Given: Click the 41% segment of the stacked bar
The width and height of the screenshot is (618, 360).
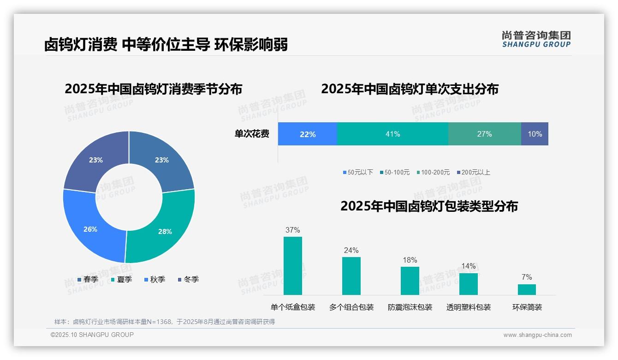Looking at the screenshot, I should [x=392, y=134].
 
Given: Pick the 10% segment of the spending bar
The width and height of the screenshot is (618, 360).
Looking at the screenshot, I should [x=535, y=134].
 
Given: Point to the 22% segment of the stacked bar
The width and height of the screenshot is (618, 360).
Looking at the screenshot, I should [x=308, y=134].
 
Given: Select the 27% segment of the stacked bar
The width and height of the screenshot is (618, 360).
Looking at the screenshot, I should [x=484, y=134].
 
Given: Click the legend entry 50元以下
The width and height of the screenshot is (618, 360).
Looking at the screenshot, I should [x=358, y=172].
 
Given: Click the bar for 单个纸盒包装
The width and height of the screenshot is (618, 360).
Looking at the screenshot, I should [x=293, y=266].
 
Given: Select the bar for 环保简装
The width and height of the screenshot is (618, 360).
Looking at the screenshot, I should [x=527, y=289].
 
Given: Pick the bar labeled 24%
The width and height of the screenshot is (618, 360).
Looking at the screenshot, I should [x=351, y=276].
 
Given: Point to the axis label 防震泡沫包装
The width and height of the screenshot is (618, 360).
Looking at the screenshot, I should [x=410, y=307].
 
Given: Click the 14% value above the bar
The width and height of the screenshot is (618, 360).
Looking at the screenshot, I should [x=468, y=266].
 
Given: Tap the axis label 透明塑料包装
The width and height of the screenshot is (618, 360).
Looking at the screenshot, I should [x=469, y=307].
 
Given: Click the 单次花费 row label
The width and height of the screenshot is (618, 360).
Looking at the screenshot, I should [x=252, y=134].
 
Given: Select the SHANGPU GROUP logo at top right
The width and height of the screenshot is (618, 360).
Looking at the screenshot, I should [x=536, y=39].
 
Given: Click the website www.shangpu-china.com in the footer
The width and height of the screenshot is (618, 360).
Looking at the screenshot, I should [x=537, y=335].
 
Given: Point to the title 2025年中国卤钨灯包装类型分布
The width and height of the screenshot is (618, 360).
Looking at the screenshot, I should [x=429, y=206].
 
